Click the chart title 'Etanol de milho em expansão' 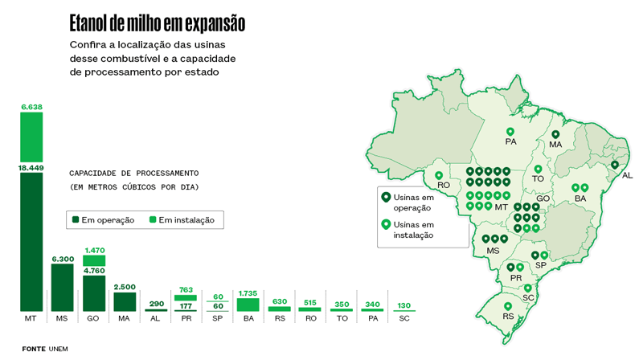[x=157, y=23]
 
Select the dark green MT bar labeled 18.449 [x=31, y=241]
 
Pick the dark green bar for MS [x=63, y=287]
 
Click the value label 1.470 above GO [x=94, y=251]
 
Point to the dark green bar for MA [x=125, y=301]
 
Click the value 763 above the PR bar [x=186, y=288]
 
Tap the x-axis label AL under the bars [x=155, y=319]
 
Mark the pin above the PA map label [x=510, y=132]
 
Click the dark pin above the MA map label [x=555, y=135]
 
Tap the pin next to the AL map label [x=615, y=165]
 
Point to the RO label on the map [x=444, y=185]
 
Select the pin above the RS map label [x=508, y=306]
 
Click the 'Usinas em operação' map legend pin [x=385, y=196]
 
